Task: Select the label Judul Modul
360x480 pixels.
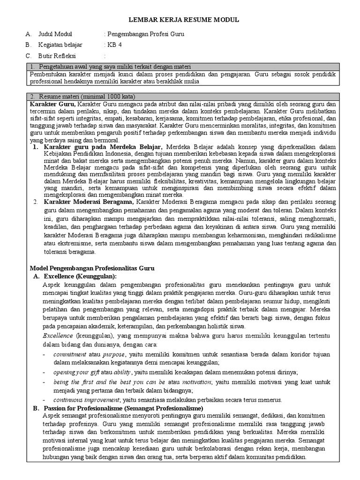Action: (55, 34)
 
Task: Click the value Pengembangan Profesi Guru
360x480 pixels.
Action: (145, 34)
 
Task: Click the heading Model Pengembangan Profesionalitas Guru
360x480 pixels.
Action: (92, 268)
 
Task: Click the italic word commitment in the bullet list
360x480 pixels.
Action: (69, 354)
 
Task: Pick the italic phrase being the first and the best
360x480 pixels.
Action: (98, 382)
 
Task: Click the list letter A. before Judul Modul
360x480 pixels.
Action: (28, 34)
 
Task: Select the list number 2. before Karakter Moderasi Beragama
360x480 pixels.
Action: (35, 202)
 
